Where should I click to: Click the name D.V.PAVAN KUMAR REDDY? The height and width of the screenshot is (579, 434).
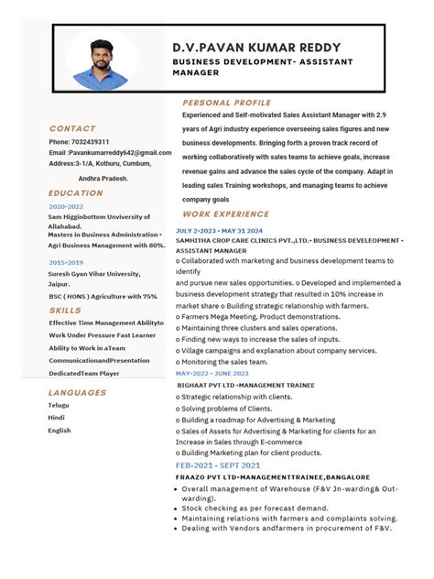pyautogui.click(x=256, y=48)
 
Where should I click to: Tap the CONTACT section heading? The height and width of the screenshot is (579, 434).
pyautogui.click(x=72, y=129)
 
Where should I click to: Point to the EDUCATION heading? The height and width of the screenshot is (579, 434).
pyautogui.click(x=76, y=193)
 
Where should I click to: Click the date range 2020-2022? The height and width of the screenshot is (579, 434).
pyautogui.click(x=66, y=207)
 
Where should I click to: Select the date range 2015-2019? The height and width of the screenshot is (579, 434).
pyautogui.click(x=66, y=263)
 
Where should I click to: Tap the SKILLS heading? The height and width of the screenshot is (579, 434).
pyautogui.click(x=65, y=311)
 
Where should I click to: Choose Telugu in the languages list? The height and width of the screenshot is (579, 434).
pyautogui.click(x=59, y=405)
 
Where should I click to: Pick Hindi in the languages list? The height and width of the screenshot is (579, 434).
pyautogui.click(x=57, y=418)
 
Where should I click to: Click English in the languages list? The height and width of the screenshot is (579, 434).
pyautogui.click(x=60, y=431)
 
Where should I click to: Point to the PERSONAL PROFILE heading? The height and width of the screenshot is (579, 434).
pyautogui.click(x=227, y=103)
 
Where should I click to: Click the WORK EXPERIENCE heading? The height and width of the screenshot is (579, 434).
pyautogui.click(x=225, y=214)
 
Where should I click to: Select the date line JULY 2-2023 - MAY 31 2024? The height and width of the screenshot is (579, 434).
pyautogui.click(x=219, y=230)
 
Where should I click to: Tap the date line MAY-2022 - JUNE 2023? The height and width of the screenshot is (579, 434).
pyautogui.click(x=212, y=374)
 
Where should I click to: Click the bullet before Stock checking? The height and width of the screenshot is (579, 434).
pyautogui.click(x=174, y=508)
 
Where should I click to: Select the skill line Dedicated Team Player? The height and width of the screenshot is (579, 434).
pyautogui.click(x=84, y=374)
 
